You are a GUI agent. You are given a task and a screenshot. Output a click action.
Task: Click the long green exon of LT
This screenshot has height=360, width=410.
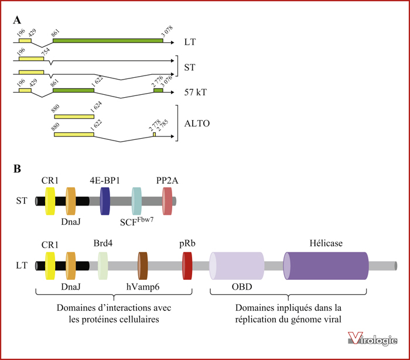[108, 40]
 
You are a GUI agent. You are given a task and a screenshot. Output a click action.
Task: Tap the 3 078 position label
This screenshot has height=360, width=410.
[167, 32]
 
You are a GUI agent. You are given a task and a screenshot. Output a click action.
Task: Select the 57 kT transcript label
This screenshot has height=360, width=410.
[195, 92]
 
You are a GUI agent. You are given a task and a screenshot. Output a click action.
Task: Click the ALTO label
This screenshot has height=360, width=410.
[197, 124]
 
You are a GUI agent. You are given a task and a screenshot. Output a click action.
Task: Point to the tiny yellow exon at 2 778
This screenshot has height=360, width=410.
[154, 134]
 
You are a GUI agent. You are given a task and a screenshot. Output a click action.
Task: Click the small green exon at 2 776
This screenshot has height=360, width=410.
[158, 90]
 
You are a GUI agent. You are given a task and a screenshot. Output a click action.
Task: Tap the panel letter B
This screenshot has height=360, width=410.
[17, 169]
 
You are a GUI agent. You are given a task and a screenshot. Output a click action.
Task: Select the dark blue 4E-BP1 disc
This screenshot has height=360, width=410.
[105, 201]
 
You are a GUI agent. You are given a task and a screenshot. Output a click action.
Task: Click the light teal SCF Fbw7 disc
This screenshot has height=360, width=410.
[136, 201]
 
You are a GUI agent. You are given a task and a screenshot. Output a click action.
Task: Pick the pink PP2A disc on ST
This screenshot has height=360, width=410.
[167, 201]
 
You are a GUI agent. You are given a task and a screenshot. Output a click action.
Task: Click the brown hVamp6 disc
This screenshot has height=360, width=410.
[143, 266]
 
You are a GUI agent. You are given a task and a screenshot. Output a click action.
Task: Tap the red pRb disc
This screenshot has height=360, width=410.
[187, 266]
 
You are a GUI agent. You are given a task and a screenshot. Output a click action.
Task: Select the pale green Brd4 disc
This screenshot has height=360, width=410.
[102, 266]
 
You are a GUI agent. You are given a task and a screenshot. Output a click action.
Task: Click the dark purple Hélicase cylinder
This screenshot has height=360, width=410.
[326, 266]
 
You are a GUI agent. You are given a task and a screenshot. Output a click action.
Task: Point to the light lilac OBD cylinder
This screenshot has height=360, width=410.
[237, 266]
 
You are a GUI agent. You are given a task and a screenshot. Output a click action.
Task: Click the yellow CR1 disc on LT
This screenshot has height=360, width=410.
[50, 266]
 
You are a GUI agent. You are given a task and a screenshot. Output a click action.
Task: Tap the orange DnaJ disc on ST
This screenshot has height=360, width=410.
[71, 201]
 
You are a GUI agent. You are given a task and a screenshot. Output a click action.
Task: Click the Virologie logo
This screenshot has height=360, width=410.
[373, 338]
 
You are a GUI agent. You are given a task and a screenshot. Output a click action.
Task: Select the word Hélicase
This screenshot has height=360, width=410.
[326, 244]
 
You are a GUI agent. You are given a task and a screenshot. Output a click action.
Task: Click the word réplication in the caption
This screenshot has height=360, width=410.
[252, 320]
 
